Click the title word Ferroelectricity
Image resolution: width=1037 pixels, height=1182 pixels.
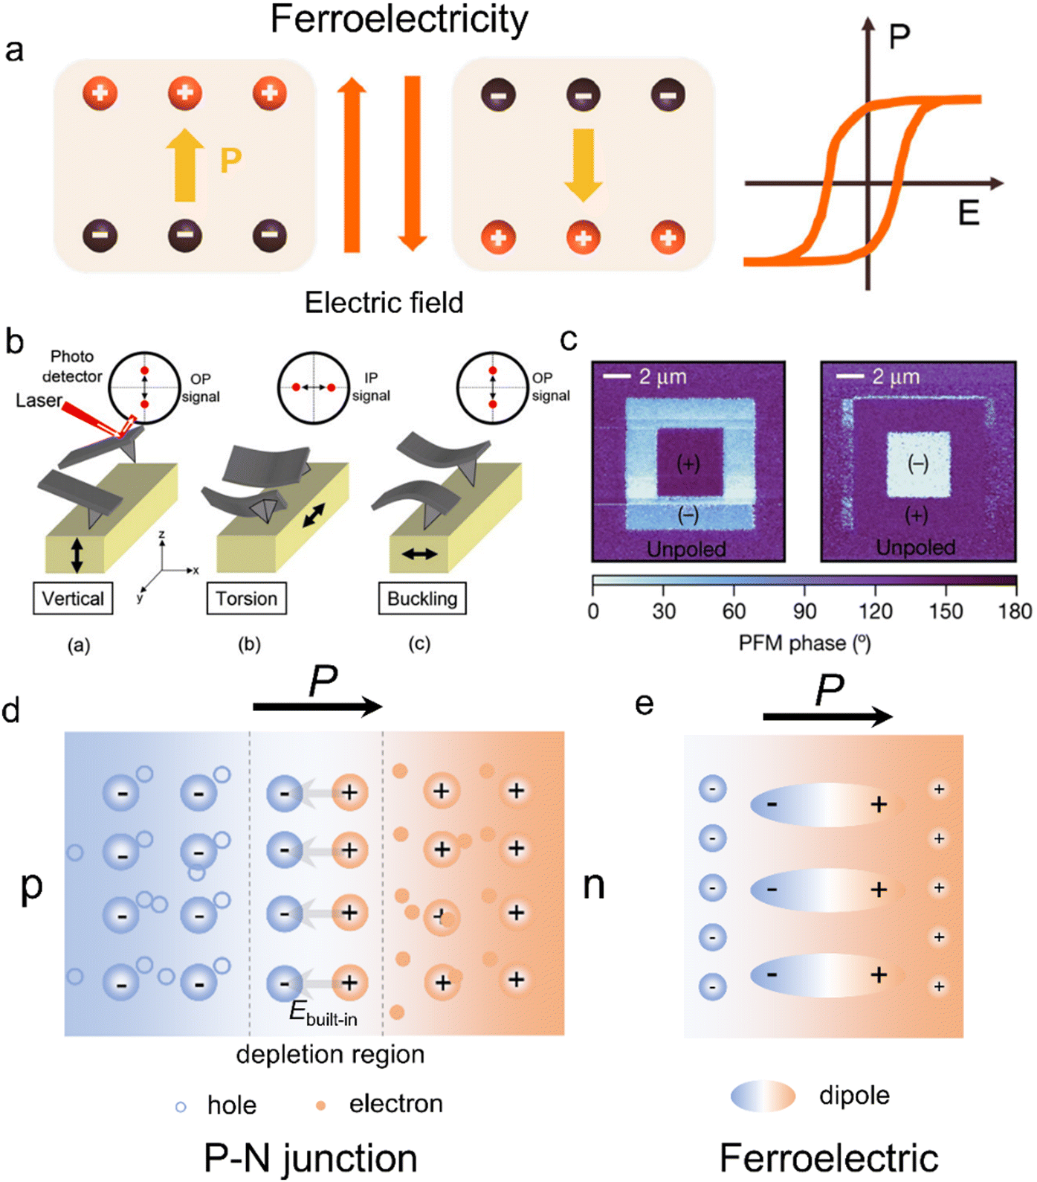point(399,20)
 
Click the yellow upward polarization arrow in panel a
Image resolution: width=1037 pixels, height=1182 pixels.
point(184,165)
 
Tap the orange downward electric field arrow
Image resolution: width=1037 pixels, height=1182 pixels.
point(412,164)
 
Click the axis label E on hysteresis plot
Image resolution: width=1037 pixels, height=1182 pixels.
point(968,213)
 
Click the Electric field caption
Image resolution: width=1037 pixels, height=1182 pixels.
point(384,303)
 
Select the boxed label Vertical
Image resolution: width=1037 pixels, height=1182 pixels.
point(73,599)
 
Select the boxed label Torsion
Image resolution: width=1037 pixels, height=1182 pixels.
point(246,599)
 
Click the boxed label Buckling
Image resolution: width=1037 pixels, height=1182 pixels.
point(422,599)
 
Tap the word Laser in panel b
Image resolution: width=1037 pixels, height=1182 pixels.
point(39,401)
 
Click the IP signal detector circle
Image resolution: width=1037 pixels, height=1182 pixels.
point(313,388)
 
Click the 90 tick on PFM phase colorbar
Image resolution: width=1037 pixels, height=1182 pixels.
point(804,611)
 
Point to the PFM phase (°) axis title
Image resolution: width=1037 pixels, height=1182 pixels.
point(804,643)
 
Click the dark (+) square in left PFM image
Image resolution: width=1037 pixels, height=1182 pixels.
point(689,463)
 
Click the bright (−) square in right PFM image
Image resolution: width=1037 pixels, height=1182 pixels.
point(919,464)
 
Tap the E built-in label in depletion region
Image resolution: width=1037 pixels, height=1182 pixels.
point(323,1014)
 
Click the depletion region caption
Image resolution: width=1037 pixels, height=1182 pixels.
point(330,1055)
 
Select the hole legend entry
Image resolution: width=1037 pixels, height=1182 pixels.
point(216,1105)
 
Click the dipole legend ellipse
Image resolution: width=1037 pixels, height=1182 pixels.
point(763,1096)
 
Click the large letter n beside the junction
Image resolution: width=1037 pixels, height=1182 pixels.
point(593,885)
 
